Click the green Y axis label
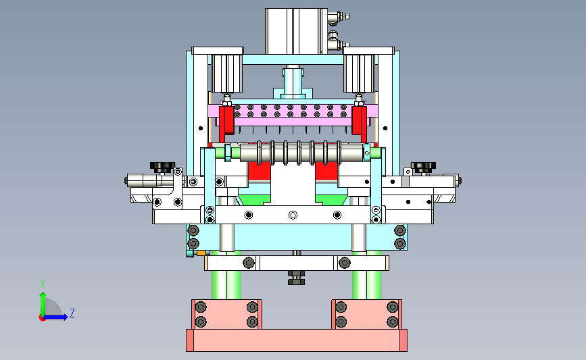(x=43, y=284)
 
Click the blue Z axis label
(x=72, y=313)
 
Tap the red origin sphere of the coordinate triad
(x=42, y=318)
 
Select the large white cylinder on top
(x=296, y=31)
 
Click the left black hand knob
(x=162, y=167)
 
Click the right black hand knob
(x=423, y=167)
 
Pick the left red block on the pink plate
(x=226, y=120)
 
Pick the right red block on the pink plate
(x=359, y=120)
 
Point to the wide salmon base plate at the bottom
(x=297, y=340)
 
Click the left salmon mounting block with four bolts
(x=226, y=315)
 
